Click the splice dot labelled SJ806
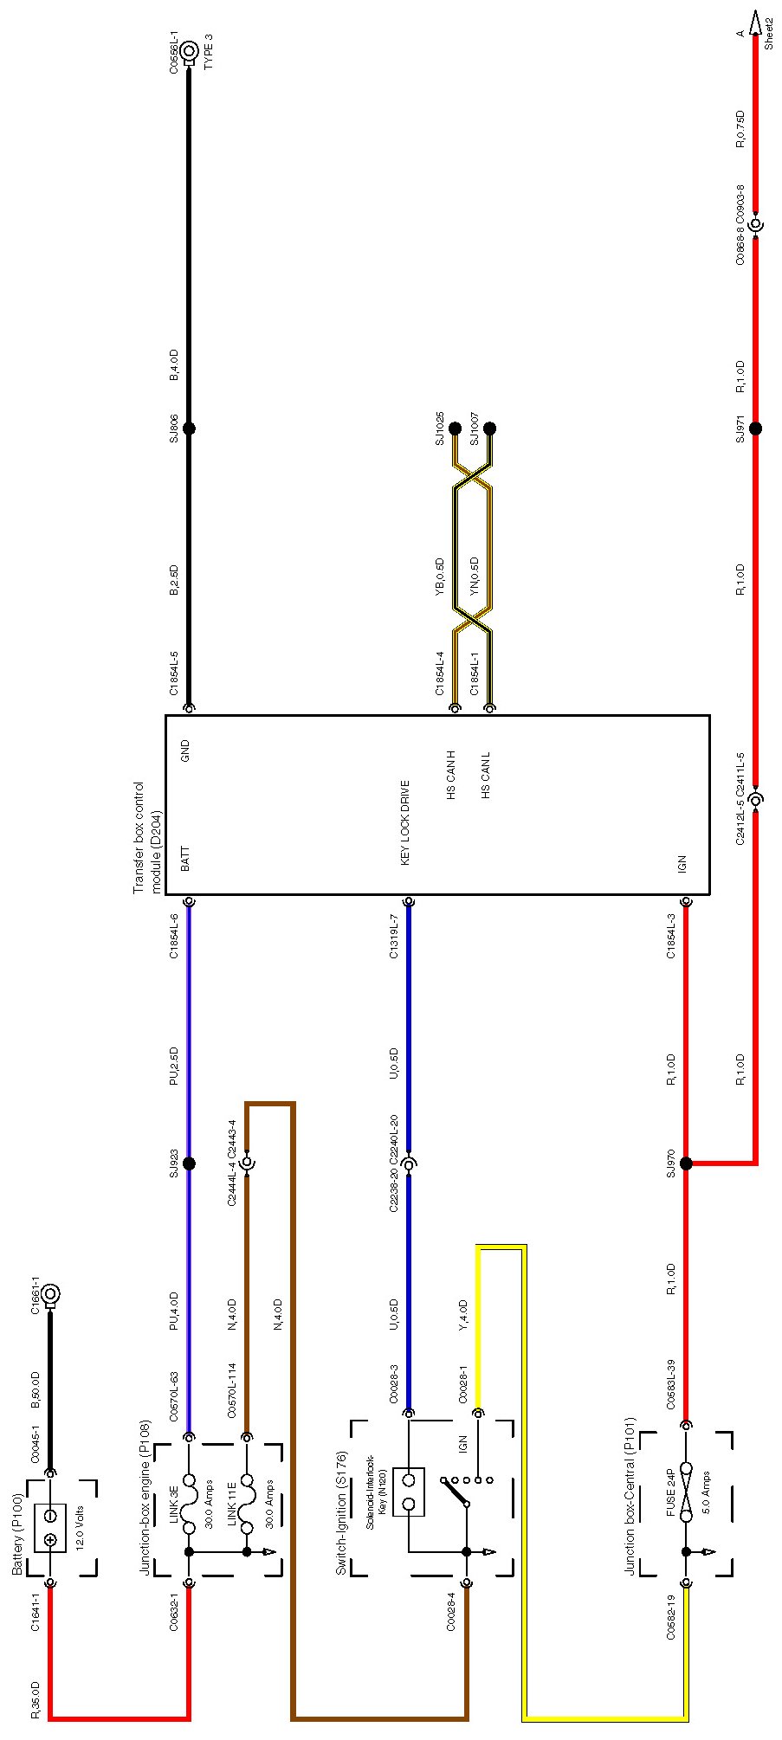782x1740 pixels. pos(189,429)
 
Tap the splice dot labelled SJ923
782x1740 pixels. pos(189,1163)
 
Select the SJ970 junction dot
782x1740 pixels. pos(686,1163)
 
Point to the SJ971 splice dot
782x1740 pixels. pos(755,429)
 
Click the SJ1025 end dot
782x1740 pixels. pos(455,429)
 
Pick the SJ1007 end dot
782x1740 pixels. pos(489,429)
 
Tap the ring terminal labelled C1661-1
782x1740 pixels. pos(50,1295)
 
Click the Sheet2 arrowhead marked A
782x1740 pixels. pos(755,21)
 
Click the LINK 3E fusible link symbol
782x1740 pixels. pos(189,1494)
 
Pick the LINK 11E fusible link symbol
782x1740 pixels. pos(247,1494)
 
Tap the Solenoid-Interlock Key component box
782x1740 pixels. pos(408,1492)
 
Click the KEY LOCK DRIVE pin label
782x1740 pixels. pos(405,822)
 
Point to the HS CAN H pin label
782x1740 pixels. pos(451,775)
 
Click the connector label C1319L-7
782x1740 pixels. pos(394,937)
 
